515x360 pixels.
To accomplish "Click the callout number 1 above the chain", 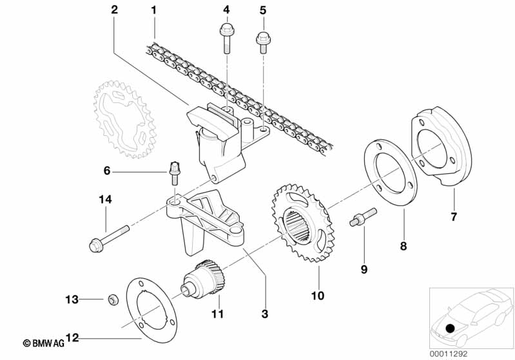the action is tap(153, 10).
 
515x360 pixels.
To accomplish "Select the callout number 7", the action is tap(454, 217).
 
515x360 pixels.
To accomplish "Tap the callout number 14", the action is tap(106, 200).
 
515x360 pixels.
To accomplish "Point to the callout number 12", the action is tap(72, 337).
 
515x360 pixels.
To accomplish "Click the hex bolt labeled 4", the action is tap(226, 38).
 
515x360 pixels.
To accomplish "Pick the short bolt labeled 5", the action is tap(263, 42).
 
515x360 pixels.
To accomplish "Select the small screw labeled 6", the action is tap(175, 173).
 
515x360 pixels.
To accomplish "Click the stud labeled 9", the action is tap(363, 217).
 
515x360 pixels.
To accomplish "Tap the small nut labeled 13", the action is tap(113, 299).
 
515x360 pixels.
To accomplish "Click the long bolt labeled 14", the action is tap(109, 238).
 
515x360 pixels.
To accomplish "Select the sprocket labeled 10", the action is tap(303, 223).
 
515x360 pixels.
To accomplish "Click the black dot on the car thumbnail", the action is tap(451, 328).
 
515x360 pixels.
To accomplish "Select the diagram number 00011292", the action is tap(449, 354).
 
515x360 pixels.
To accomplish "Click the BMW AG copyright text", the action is tap(44, 343).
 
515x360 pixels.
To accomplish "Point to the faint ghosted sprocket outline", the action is tap(125, 119).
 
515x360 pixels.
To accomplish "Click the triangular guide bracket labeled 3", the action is tap(204, 218).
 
